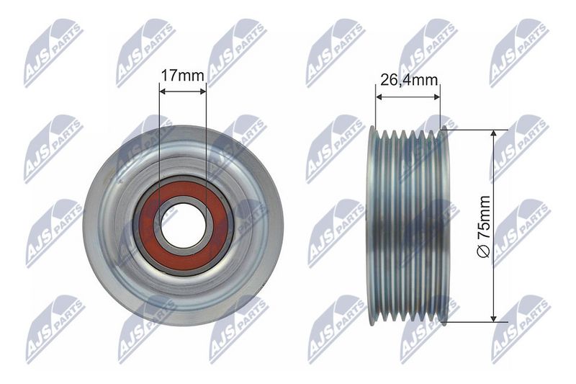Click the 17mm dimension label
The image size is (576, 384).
pyautogui.click(x=183, y=76)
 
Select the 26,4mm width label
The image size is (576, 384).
pyautogui.click(x=408, y=79)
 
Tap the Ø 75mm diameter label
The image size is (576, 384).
pyautogui.click(x=483, y=227)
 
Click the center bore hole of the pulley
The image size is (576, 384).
pyautogui.click(x=183, y=226)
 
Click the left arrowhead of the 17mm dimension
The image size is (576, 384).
pyautogui.click(x=163, y=91)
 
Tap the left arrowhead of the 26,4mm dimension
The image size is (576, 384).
pyautogui.click(x=379, y=97)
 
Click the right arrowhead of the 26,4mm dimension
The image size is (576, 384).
pyautogui.click(x=436, y=97)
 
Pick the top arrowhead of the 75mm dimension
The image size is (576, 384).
pyautogui.click(x=494, y=133)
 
